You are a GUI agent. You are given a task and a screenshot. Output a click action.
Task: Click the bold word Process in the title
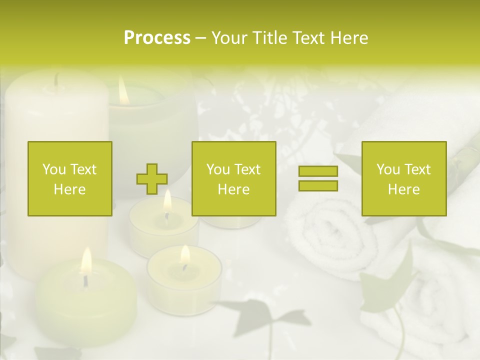point(157,38)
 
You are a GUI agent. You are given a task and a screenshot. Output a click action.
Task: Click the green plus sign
point(152,179)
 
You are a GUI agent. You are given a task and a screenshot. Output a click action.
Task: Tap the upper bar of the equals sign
point(318,171)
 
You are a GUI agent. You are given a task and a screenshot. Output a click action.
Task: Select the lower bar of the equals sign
point(318,185)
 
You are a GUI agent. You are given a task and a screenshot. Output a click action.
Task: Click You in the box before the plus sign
point(53,169)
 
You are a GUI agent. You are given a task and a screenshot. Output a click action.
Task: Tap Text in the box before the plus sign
point(82,169)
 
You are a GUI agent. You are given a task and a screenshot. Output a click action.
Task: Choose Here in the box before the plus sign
point(69,189)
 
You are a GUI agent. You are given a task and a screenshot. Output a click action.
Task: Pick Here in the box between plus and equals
point(233,189)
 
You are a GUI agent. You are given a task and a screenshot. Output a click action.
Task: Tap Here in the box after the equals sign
point(403,189)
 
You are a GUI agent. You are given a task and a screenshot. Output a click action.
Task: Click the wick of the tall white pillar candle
point(56,80)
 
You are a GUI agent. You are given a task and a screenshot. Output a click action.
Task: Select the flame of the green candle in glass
point(123,92)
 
